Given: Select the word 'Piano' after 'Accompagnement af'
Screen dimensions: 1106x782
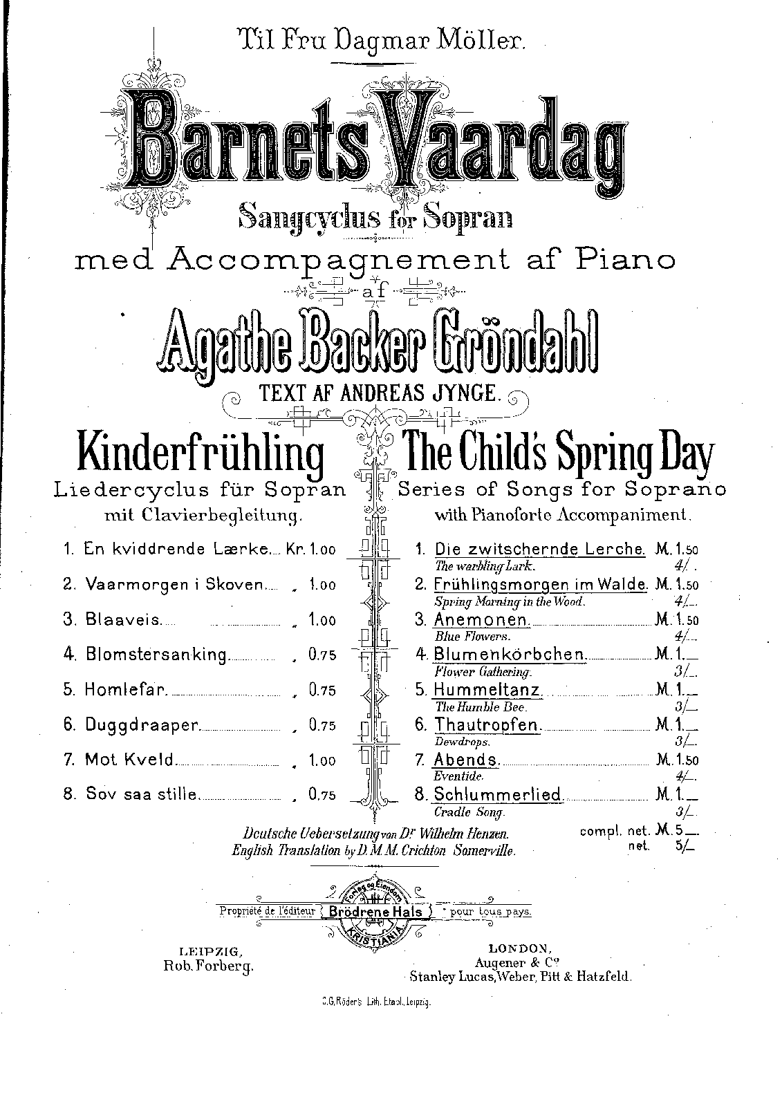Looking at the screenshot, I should point(621,259).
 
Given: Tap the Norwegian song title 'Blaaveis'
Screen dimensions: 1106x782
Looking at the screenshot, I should point(123,620).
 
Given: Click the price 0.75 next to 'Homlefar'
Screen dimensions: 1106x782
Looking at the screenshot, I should point(322,691).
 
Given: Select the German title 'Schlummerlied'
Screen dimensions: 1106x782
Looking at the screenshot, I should point(498,796).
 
